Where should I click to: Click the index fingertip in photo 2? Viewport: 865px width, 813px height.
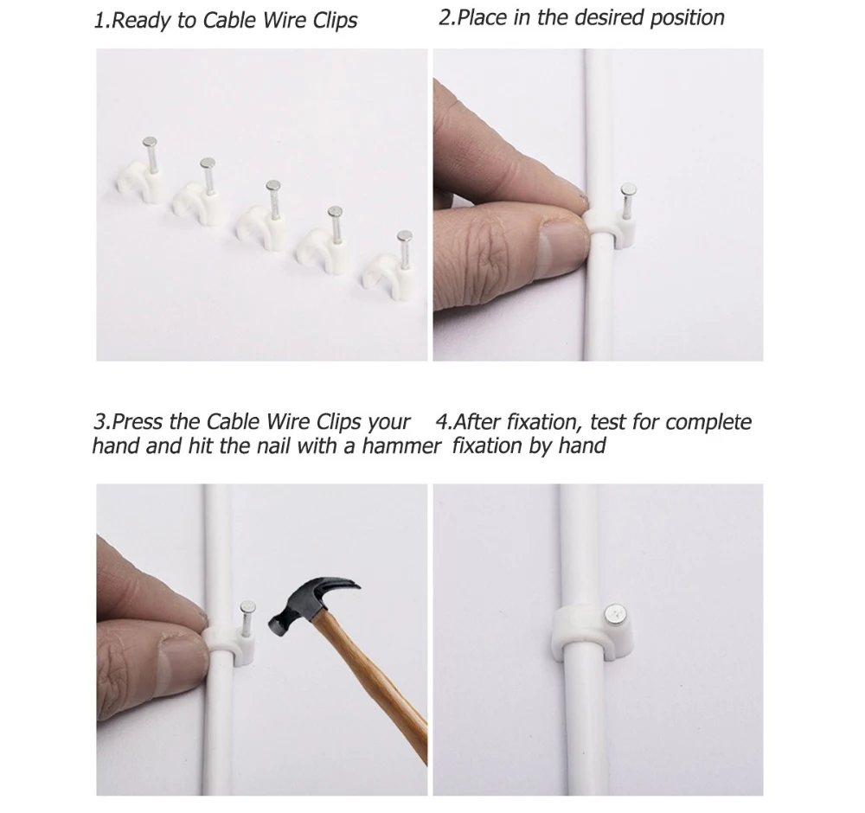(567, 187)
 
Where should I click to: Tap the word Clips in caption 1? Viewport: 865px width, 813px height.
(331, 21)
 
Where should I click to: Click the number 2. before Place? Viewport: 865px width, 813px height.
(445, 18)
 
